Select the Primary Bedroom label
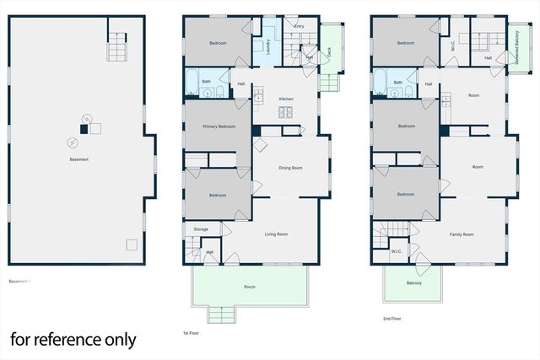tap(219, 126)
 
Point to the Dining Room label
tap(290, 168)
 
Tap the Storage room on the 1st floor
tap(201, 229)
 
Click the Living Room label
tap(277, 234)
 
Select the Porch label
tap(250, 287)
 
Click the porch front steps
tap(220, 315)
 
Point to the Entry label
tap(299, 26)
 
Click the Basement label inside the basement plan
tap(78, 159)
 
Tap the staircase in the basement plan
tap(117, 48)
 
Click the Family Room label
tap(462, 234)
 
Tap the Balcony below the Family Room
tap(413, 282)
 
